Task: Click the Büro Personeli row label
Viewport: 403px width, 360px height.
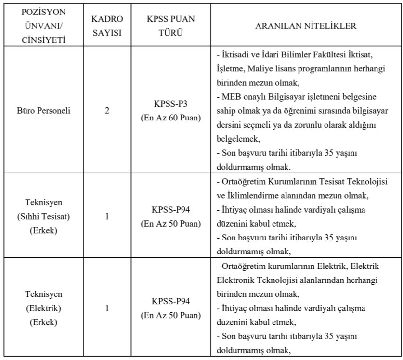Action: point(43,111)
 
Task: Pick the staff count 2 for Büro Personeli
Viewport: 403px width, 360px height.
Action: point(107,111)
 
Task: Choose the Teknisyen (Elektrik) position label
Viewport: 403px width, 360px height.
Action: point(43,308)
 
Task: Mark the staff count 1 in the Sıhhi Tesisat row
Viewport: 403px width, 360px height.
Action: point(107,217)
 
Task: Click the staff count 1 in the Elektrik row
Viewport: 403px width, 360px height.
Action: point(107,308)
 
